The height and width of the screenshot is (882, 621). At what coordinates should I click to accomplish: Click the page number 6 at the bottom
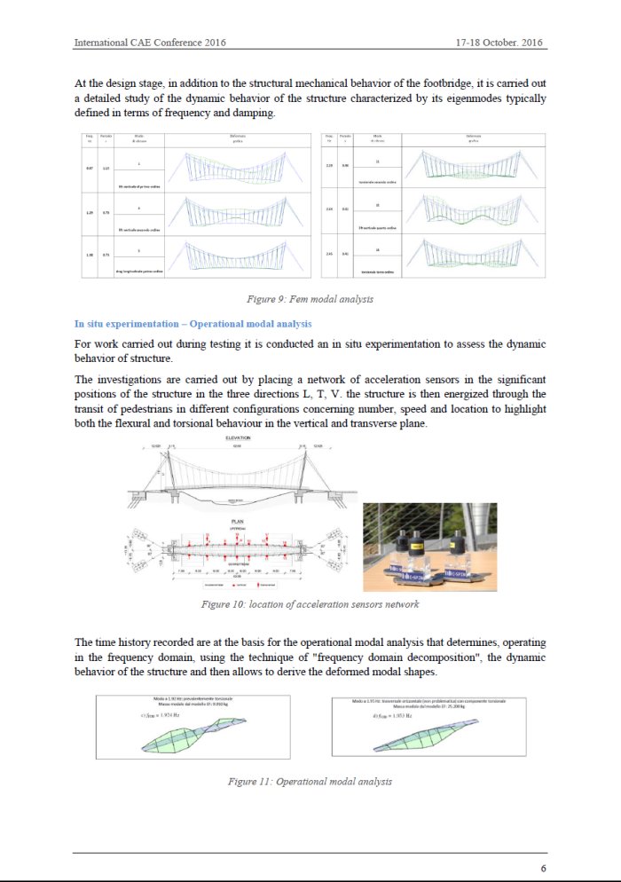(x=543, y=868)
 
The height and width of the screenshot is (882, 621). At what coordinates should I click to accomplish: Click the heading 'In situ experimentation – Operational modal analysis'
(x=193, y=323)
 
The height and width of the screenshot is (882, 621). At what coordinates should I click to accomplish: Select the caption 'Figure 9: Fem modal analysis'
(x=310, y=300)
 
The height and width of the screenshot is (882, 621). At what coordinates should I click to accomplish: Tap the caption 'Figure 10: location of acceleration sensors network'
(x=310, y=605)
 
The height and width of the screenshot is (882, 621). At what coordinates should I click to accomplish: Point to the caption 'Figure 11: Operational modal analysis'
(x=310, y=782)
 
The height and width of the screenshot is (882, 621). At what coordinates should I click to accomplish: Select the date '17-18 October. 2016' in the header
(x=499, y=43)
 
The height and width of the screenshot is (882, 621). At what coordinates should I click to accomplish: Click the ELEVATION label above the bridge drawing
(x=238, y=437)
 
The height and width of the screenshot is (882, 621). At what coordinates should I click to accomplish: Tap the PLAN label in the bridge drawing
(x=238, y=522)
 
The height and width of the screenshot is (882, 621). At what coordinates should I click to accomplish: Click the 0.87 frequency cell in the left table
(x=90, y=168)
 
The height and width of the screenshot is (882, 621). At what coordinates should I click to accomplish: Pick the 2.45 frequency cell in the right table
(x=329, y=255)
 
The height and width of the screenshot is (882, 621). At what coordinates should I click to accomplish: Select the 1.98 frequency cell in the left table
(x=90, y=255)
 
